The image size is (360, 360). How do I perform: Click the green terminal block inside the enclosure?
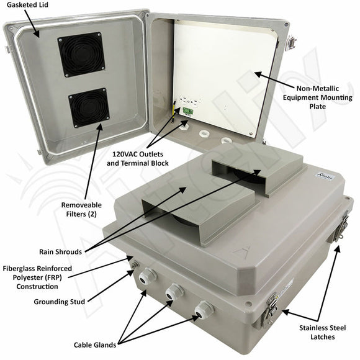(x=187, y=111)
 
